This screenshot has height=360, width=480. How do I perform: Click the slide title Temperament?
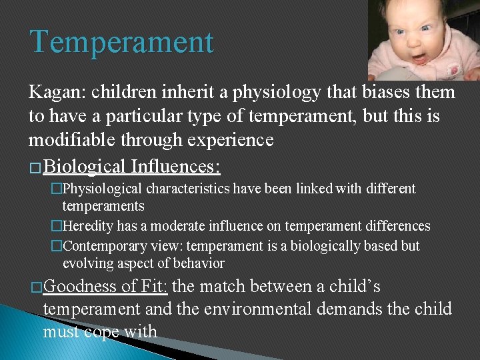tap(121, 42)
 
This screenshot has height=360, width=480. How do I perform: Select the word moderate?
tap(171, 227)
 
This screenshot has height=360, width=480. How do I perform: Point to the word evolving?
tap(88, 263)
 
